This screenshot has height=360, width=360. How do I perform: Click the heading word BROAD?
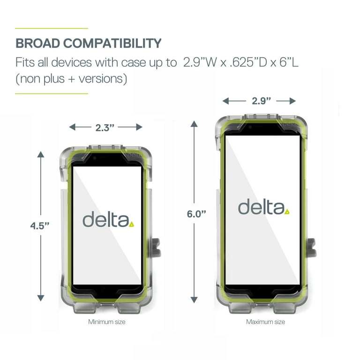[38, 43]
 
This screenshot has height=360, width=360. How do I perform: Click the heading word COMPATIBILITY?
[112, 43]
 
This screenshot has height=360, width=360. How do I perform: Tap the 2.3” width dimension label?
[105, 127]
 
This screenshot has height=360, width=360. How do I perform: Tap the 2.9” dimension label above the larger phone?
[261, 101]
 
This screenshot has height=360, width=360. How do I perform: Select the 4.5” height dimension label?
[40, 226]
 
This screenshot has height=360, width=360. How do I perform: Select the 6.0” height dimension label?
[196, 214]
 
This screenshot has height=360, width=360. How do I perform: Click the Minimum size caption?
[107, 322]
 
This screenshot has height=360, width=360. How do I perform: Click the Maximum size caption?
[265, 322]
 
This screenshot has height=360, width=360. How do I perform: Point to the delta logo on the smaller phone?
[108, 219]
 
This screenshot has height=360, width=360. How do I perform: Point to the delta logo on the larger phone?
[263, 207]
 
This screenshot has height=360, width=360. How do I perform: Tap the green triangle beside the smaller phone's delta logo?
[131, 225]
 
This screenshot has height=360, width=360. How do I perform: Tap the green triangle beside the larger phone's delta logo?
[287, 212]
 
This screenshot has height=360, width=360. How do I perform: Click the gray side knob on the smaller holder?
[157, 247]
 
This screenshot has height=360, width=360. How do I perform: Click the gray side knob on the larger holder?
[312, 247]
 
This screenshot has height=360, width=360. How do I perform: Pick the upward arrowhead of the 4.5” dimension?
[41, 154]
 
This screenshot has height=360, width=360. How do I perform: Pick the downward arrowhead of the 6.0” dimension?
[194, 300]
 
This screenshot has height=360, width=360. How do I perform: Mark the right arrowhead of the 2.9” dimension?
[292, 101]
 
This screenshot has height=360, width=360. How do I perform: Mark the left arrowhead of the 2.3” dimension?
[72, 127]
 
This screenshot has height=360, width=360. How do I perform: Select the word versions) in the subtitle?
[103, 79]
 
